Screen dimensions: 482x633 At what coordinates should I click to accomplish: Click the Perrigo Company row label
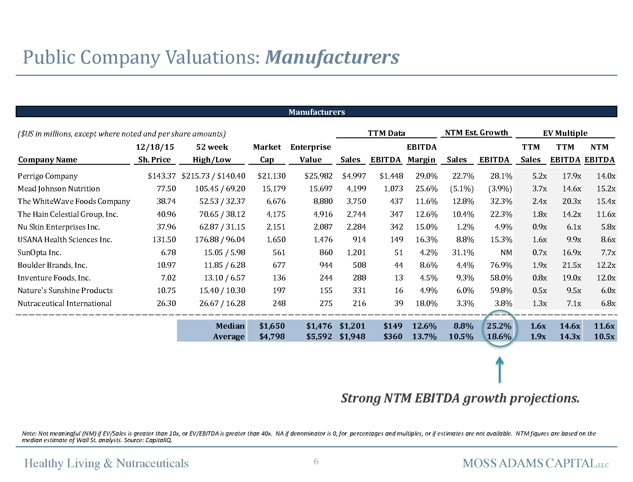point(48,176)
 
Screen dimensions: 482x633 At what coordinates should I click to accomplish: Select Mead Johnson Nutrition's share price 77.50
point(166,189)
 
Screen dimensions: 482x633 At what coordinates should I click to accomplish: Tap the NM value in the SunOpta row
point(506,252)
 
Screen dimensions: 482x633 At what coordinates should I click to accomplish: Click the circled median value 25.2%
point(499,326)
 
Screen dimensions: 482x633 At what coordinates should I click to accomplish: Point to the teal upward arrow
point(499,370)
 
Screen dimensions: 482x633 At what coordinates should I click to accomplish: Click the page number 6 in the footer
point(316,461)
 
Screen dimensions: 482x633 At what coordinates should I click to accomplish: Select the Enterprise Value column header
point(310,153)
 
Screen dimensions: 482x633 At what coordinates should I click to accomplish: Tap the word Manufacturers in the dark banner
point(316,112)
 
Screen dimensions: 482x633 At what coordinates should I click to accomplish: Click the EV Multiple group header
point(565,133)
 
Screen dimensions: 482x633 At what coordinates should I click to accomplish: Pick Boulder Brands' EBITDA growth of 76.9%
point(501,265)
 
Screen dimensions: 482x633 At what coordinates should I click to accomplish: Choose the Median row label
point(230,326)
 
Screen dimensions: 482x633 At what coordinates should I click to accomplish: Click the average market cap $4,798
point(272,336)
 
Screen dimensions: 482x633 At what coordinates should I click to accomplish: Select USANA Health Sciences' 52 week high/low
point(220,239)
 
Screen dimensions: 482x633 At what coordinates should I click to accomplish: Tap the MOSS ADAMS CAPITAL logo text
point(535,463)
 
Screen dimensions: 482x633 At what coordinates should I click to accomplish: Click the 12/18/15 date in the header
point(155,147)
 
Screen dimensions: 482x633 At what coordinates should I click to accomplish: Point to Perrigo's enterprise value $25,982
point(318,176)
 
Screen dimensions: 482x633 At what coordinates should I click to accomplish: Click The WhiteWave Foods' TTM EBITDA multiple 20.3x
point(572,201)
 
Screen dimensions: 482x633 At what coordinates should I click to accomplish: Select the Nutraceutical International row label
point(65,303)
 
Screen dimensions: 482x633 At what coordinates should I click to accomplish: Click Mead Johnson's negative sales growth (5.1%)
point(462,189)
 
